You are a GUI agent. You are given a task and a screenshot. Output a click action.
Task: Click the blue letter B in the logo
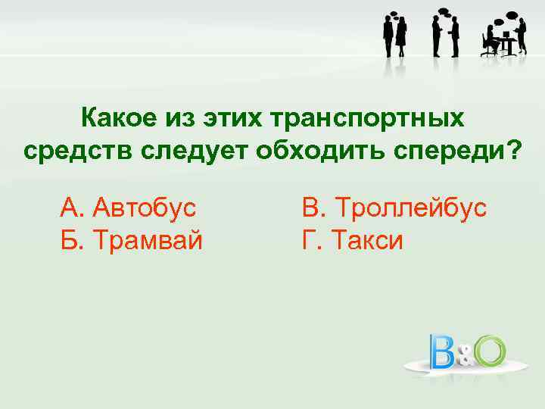point(444,351)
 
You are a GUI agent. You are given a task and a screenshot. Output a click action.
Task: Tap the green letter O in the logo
point(489,350)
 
